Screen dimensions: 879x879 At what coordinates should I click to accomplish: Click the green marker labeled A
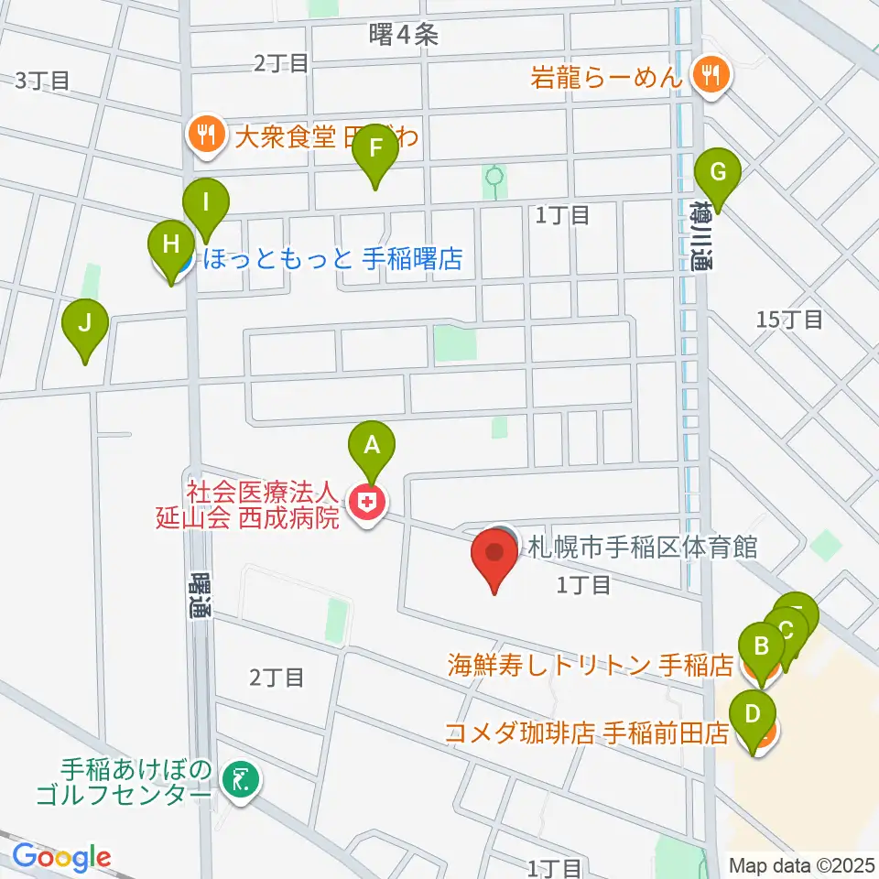click(372, 446)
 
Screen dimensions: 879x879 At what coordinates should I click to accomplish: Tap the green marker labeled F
click(375, 146)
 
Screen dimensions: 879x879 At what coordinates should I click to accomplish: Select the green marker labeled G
click(718, 172)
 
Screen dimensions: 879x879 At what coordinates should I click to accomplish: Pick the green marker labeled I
click(206, 201)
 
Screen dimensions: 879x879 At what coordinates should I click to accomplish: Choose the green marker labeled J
click(85, 323)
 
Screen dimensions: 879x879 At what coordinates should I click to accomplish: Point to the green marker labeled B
click(761, 646)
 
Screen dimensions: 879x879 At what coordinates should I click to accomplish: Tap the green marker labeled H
click(170, 245)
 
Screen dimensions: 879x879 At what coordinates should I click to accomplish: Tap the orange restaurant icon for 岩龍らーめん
click(709, 75)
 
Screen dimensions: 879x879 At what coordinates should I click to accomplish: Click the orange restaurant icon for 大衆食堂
click(201, 136)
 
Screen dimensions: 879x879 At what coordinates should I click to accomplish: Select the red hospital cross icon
click(366, 501)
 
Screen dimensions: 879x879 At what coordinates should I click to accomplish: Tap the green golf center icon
click(239, 779)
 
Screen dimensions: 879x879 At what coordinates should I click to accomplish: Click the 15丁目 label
click(791, 320)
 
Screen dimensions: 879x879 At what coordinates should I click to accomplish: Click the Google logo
click(61, 858)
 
